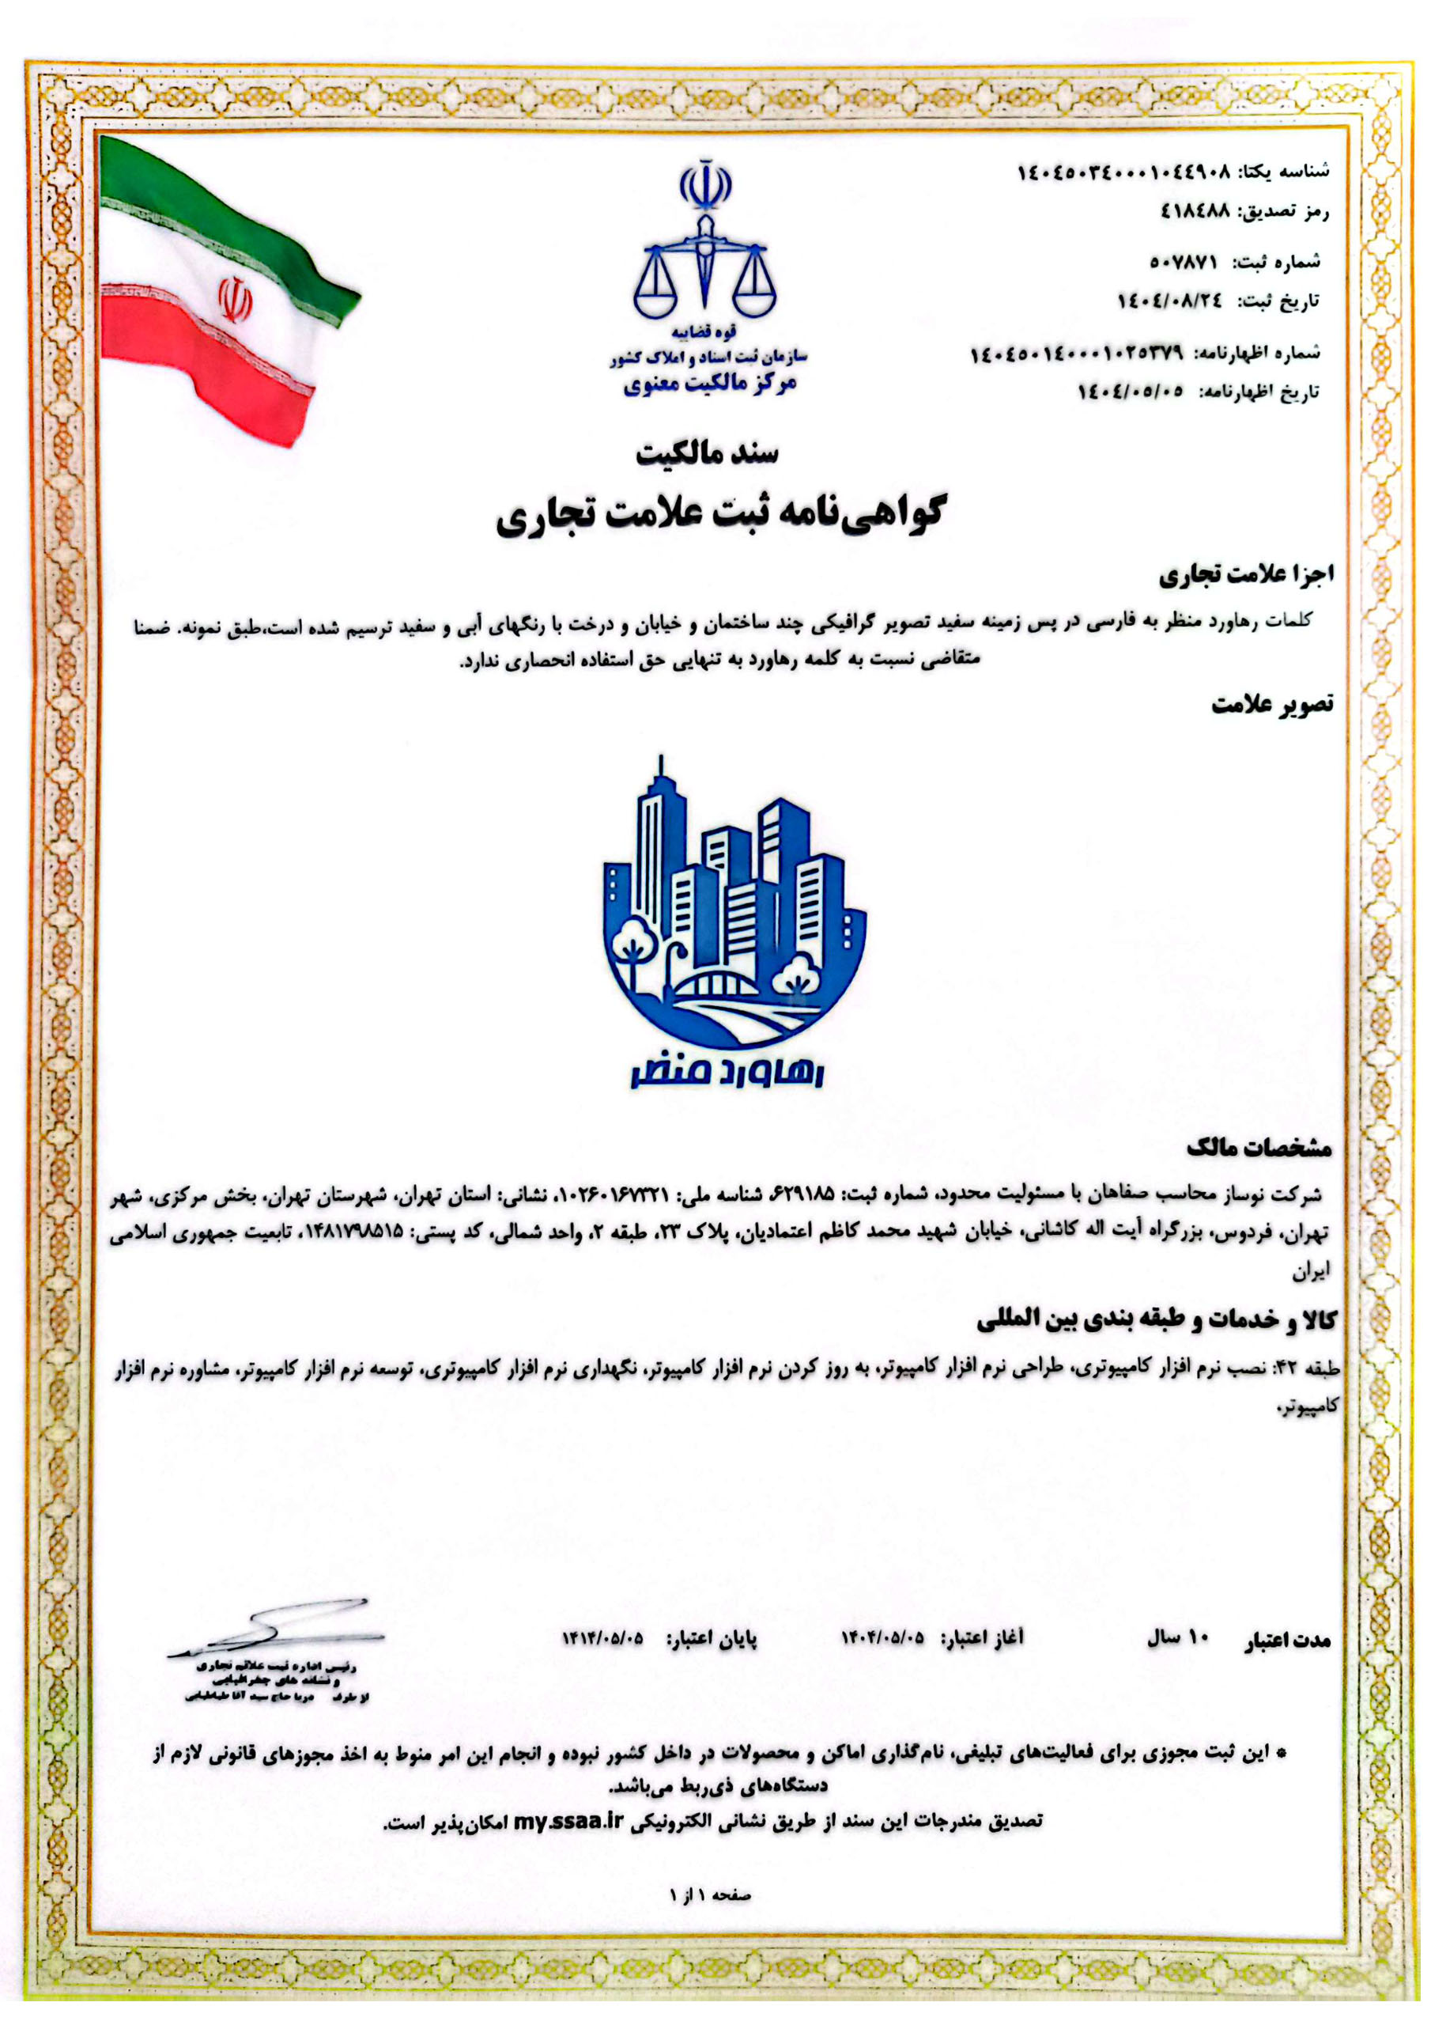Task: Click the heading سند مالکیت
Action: (708, 453)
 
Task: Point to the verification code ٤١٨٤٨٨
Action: (1194, 212)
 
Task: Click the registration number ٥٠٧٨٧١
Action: (1184, 262)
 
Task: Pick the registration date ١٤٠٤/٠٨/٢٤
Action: (1170, 301)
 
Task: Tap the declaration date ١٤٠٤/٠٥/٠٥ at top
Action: (1131, 392)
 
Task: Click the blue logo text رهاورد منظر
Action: (727, 1072)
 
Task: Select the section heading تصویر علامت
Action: (1271, 704)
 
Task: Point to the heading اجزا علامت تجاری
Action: (1246, 576)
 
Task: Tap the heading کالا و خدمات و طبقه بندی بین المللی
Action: (1156, 1320)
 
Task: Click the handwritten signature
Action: (278, 1629)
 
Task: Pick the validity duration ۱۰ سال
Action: (1178, 1638)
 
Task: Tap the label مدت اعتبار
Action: (1286, 1641)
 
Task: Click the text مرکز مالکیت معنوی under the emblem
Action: (710, 384)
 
